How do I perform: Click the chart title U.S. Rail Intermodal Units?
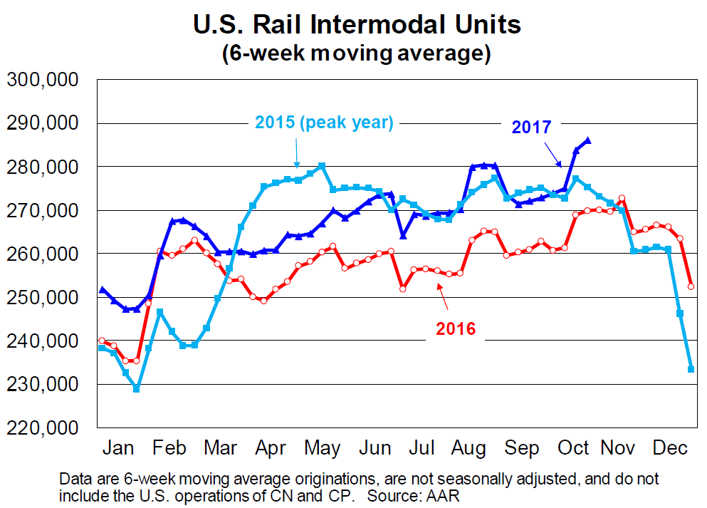coord(357,25)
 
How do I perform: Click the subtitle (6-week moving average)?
coord(357,53)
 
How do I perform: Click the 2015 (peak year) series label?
coord(324,122)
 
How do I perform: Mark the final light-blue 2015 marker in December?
coord(691,368)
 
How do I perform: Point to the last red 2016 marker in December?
coord(691,286)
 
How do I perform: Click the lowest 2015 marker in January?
coord(137,388)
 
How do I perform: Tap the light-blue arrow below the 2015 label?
coord(297,152)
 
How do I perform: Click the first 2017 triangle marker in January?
coord(103,290)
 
